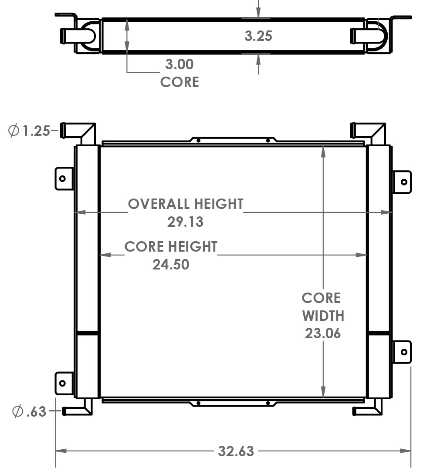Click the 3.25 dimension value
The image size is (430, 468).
click(258, 36)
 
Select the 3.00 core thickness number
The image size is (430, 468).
click(179, 64)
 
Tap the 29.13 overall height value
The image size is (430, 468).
click(185, 222)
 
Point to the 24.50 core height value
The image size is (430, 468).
click(171, 264)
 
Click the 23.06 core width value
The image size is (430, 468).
click(322, 333)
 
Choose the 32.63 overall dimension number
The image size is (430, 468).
click(236, 451)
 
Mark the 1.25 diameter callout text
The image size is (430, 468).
click(36, 131)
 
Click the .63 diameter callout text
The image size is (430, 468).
click(36, 411)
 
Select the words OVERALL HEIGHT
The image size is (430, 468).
click(185, 204)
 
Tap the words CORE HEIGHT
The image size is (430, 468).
click(171, 247)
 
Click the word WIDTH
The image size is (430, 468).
click(323, 316)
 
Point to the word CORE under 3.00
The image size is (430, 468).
click(179, 82)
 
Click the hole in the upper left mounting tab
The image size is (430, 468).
click(62, 178)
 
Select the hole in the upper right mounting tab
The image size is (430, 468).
click(404, 182)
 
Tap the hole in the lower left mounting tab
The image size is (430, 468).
click(62, 383)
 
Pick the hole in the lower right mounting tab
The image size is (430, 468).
click(404, 352)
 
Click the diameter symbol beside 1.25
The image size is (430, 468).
click(14, 130)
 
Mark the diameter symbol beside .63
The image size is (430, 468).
click(17, 411)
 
